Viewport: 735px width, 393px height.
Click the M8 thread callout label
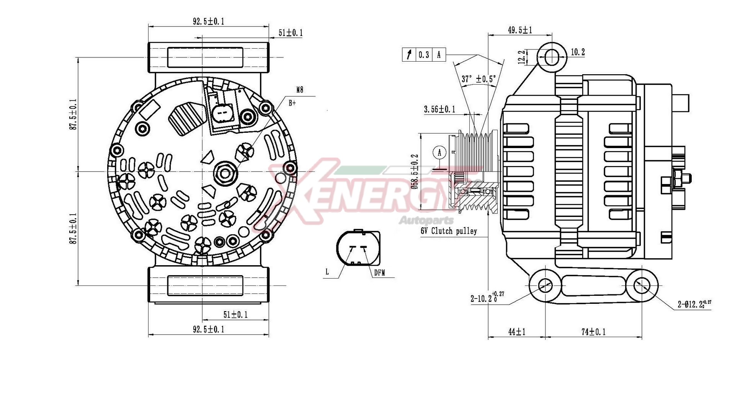point(300,90)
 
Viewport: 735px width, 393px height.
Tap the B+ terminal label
point(292,103)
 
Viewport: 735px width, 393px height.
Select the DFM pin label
point(379,273)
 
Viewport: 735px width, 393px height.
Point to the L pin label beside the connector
point(327,272)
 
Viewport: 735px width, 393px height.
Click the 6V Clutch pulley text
point(449,231)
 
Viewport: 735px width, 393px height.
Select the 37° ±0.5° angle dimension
point(479,79)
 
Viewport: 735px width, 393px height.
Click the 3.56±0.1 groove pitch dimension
point(439,109)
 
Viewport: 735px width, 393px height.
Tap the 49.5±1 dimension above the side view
point(520,30)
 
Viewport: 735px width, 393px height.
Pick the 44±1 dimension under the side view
point(517,332)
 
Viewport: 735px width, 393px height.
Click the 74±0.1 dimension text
point(593,332)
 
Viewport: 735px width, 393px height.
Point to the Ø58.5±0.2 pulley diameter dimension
point(415,171)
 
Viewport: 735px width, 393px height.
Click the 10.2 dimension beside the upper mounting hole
point(578,52)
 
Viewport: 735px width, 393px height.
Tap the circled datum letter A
point(439,153)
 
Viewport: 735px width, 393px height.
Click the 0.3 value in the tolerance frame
point(424,55)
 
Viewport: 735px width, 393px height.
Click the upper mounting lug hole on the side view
point(552,58)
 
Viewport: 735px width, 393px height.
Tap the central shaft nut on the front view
point(225,173)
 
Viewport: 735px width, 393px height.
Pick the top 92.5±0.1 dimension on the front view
point(208,21)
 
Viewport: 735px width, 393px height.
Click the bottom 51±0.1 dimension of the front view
point(235,315)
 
